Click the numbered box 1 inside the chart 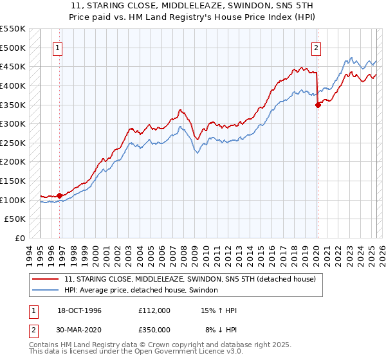click(58, 47)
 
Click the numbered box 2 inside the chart click(317, 47)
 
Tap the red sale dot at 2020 click(318, 106)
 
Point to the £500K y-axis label click(13, 48)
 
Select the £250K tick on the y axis click(13, 143)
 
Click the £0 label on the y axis click(19, 238)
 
